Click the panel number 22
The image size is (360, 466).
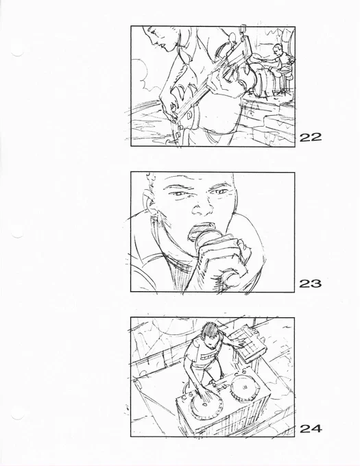tap(311, 137)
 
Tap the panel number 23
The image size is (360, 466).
tap(311, 284)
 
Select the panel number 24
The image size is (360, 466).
tap(311, 428)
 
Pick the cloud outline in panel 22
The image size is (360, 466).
tap(142, 74)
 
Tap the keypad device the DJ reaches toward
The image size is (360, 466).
tap(249, 343)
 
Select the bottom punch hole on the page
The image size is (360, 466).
tap(18, 413)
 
